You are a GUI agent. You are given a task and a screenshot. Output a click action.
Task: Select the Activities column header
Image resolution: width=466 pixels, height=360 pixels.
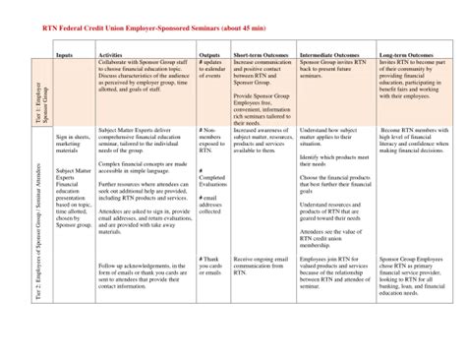(x=111, y=55)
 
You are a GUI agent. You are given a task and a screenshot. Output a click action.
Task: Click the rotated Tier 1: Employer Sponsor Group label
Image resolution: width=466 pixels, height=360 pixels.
(x=40, y=90)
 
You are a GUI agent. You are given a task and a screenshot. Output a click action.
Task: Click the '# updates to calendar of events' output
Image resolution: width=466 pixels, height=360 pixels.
(x=211, y=71)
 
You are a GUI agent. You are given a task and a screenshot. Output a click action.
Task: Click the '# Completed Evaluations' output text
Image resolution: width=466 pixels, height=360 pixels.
(x=212, y=178)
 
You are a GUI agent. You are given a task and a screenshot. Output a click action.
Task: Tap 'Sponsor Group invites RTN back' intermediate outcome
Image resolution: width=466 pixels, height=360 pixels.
(x=332, y=71)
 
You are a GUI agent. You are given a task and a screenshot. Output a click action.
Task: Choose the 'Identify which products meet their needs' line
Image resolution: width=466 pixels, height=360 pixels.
(x=326, y=160)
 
